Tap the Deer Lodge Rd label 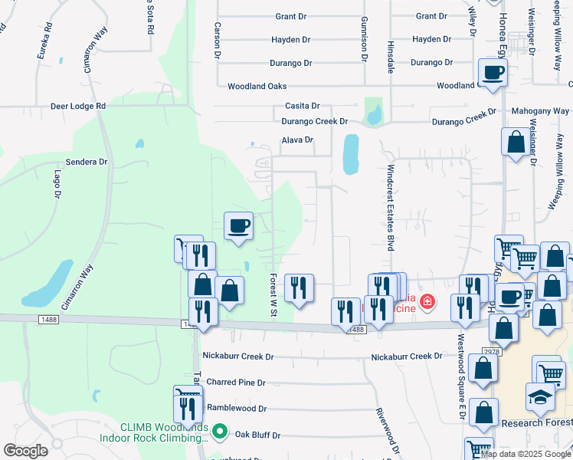[78, 106]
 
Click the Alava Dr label [298, 140]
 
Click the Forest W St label [273, 291]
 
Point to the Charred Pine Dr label [236, 382]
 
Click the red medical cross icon [426, 305]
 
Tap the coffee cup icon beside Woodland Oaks [493, 72]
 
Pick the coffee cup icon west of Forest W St [237, 225]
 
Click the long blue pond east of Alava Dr [351, 154]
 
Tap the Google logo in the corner [26, 451]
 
